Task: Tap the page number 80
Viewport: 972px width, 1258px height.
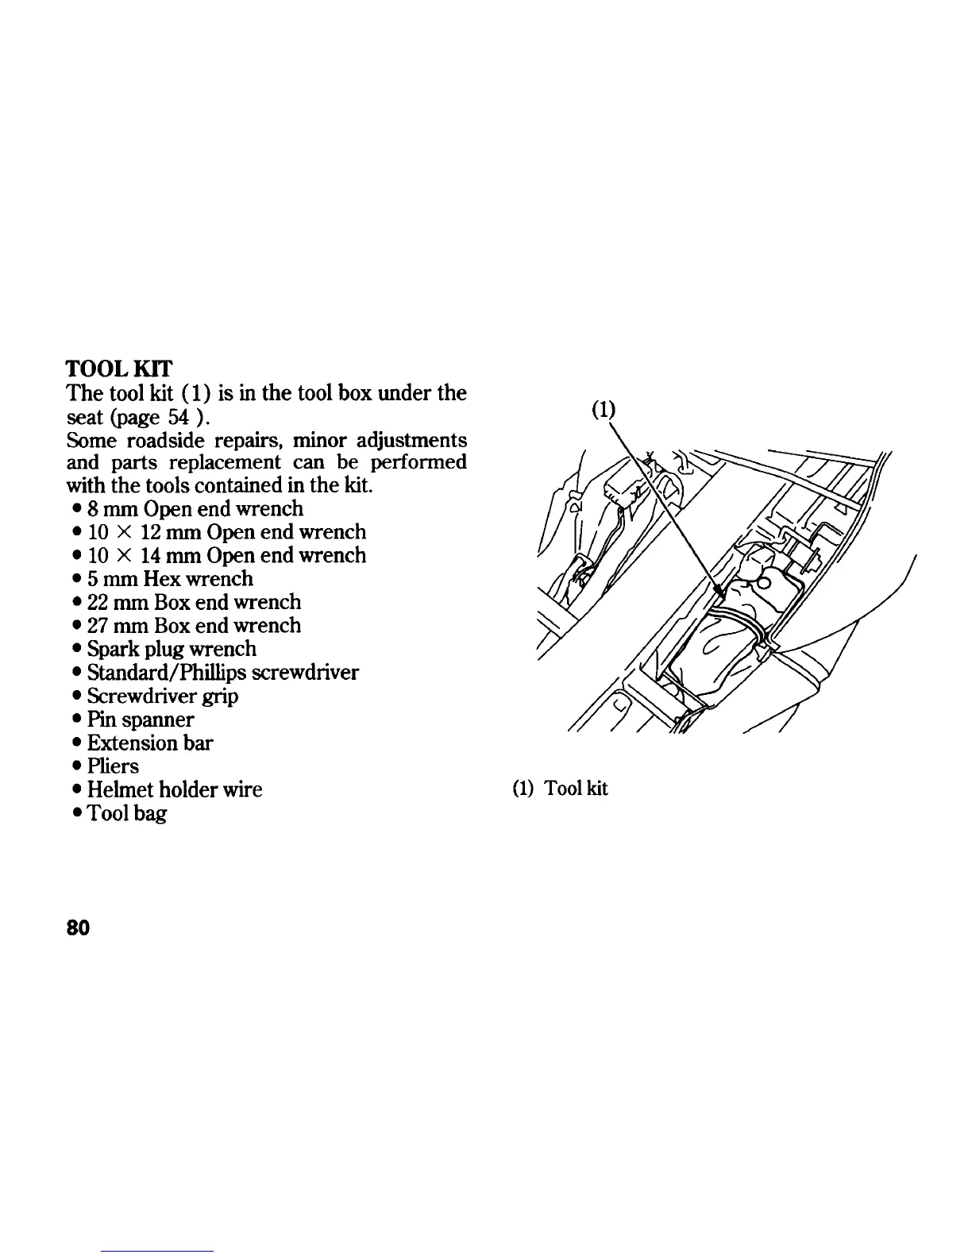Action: coord(78,928)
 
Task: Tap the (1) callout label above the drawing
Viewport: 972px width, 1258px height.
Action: coord(604,409)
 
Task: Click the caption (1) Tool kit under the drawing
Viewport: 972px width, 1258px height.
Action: coord(560,789)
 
